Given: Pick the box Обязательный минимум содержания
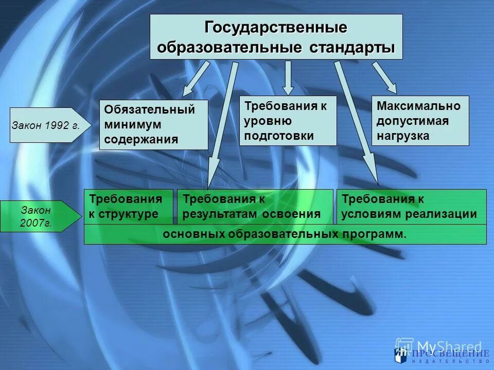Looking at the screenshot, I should coord(153,124).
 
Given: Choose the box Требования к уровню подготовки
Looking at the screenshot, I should coord(288,120).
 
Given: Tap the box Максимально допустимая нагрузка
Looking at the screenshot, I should coord(420,120).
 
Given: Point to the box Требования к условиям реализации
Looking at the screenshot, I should coord(411,207).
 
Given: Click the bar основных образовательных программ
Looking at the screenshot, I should coord(285,234).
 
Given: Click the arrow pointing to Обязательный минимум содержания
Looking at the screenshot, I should coord(196,80).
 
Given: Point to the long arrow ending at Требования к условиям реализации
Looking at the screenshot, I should coord(358,123).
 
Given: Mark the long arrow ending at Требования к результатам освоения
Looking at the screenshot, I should coord(222,123).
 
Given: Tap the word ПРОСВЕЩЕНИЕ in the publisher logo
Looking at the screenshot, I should coord(450,354).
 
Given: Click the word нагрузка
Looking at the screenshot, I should coord(402,136).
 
